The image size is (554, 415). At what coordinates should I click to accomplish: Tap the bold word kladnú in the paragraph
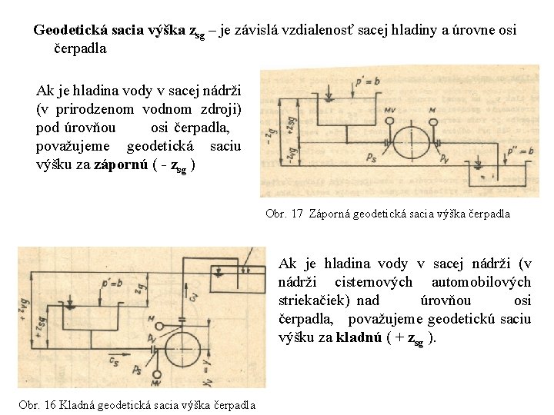click(x=359, y=337)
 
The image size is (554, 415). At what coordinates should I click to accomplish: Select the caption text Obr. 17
click(x=284, y=214)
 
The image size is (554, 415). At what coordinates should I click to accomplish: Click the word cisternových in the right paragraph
click(x=373, y=281)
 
